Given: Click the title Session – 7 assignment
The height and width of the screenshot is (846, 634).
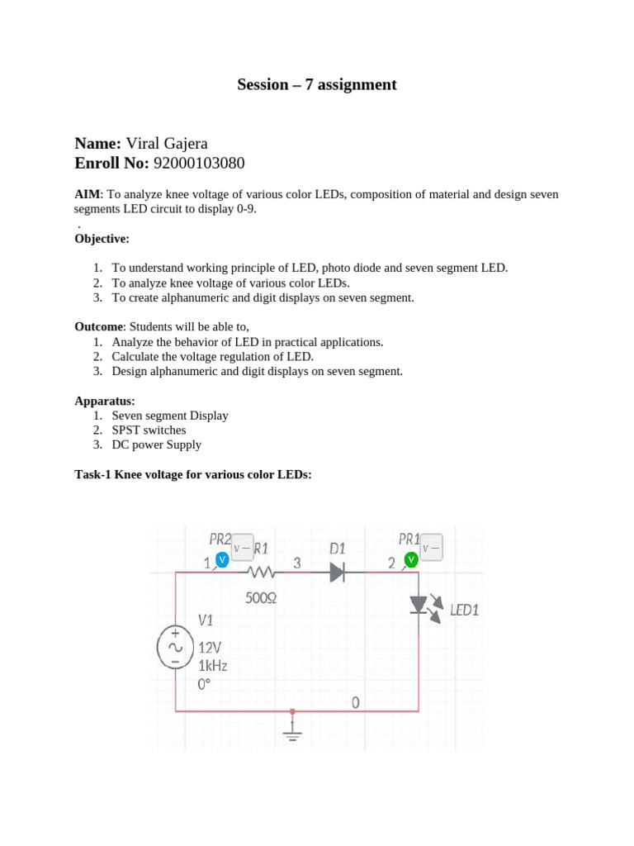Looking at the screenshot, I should tap(317, 84).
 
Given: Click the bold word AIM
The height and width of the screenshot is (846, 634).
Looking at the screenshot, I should tap(87, 194).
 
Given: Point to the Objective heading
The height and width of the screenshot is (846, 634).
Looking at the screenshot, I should tap(102, 239).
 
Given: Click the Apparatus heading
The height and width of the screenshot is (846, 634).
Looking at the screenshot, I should tap(105, 401).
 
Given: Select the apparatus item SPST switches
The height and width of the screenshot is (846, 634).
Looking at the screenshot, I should tap(149, 430).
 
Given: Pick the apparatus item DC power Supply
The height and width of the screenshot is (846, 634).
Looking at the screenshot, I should tap(156, 444).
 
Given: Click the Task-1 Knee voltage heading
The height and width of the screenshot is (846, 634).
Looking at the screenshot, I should tap(193, 474).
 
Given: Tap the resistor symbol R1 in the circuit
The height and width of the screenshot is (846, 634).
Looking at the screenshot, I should tap(261, 572).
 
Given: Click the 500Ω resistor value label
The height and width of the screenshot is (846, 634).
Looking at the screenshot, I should tap(261, 597).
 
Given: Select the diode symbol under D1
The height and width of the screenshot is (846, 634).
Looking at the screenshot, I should tap(337, 572).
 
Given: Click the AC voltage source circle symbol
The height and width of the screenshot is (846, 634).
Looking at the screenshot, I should tap(175, 647).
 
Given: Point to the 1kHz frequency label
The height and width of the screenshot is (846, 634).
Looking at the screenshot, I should tap(212, 665).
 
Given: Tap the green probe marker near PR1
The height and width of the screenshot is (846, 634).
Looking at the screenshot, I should tap(410, 560).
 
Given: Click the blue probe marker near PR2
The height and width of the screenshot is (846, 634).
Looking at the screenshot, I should tap(221, 560).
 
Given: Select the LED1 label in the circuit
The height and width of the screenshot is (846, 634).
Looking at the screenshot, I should tap(464, 611).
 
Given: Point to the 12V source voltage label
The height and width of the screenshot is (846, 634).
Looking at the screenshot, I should tap(209, 648).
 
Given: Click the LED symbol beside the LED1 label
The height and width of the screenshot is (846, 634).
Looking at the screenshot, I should tap(419, 606).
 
